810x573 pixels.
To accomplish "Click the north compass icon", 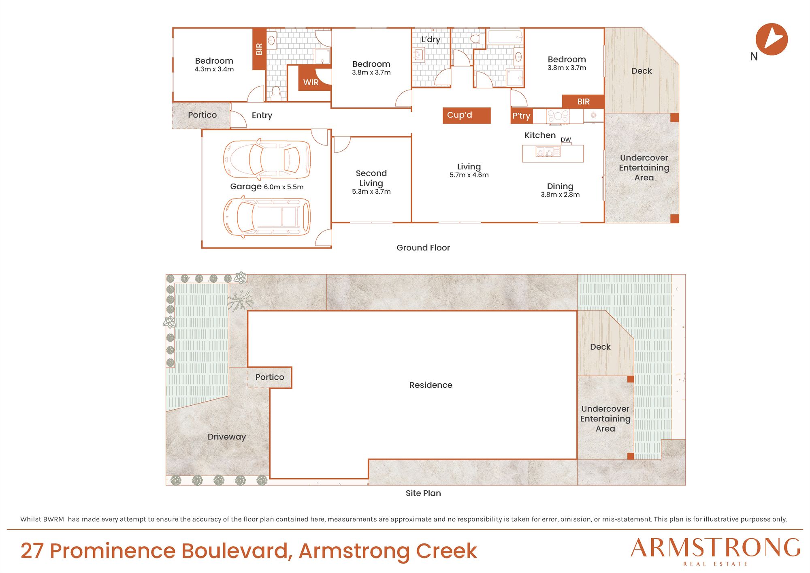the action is point(772,39).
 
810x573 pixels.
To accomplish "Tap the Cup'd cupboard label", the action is point(459,115).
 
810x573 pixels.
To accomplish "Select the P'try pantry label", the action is point(521,116).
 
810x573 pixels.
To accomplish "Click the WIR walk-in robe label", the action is point(311,82).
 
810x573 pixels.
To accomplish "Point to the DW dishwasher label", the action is point(566,140).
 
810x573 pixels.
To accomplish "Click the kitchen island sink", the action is point(548,152).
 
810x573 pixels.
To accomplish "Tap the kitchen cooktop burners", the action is point(558,116).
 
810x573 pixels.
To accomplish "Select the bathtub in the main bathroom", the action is point(505,37).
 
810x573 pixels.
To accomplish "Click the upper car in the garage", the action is point(267,159).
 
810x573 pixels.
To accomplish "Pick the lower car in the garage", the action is point(267,217).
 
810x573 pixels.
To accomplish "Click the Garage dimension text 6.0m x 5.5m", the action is point(283,187).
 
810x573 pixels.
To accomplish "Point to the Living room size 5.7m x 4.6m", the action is point(469,175).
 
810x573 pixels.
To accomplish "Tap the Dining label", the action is point(560,186).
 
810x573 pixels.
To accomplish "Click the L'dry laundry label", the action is point(431,39).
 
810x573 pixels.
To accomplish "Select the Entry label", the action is point(262,115).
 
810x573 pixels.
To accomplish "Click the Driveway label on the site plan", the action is point(227,437).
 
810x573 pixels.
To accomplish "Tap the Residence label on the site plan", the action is point(431,385).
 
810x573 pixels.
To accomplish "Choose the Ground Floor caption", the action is point(423,248).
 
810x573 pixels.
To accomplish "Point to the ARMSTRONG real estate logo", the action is point(716,552).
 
